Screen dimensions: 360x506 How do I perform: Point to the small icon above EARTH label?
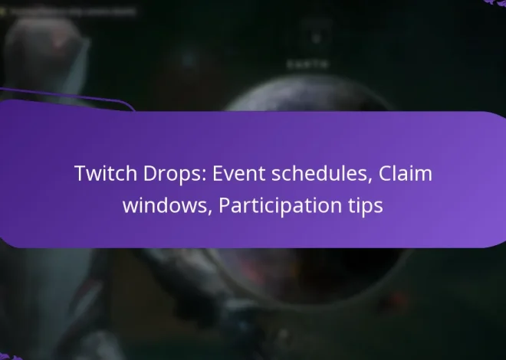[x=310, y=38]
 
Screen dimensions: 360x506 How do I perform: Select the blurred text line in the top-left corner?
[x=73, y=12]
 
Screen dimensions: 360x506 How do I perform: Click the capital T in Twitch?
[x=80, y=174]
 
